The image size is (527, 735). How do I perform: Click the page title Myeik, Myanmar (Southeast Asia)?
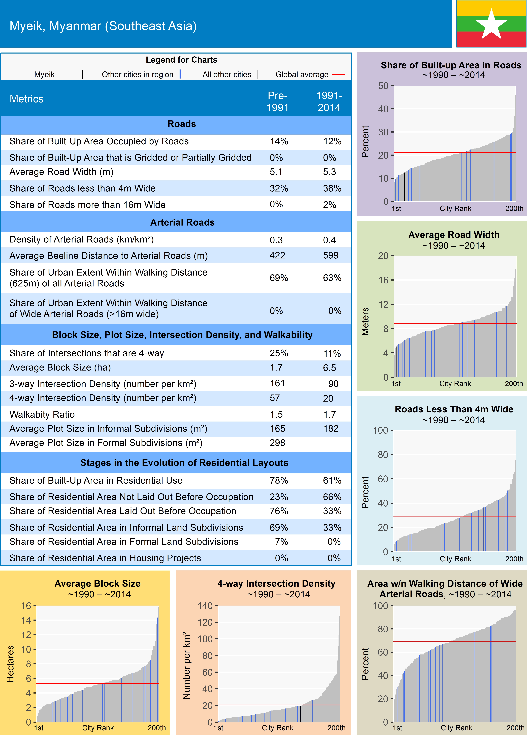(103, 26)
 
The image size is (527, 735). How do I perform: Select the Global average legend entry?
(302, 75)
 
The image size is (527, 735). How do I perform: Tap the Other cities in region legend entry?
(138, 75)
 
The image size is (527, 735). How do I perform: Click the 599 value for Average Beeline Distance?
(331, 255)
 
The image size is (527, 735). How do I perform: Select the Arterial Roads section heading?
(182, 222)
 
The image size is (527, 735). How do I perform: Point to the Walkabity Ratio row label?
(42, 414)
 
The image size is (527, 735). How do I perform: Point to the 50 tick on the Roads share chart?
(383, 86)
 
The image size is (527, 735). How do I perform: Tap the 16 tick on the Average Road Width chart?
(383, 280)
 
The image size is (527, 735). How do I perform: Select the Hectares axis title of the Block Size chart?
(10, 664)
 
